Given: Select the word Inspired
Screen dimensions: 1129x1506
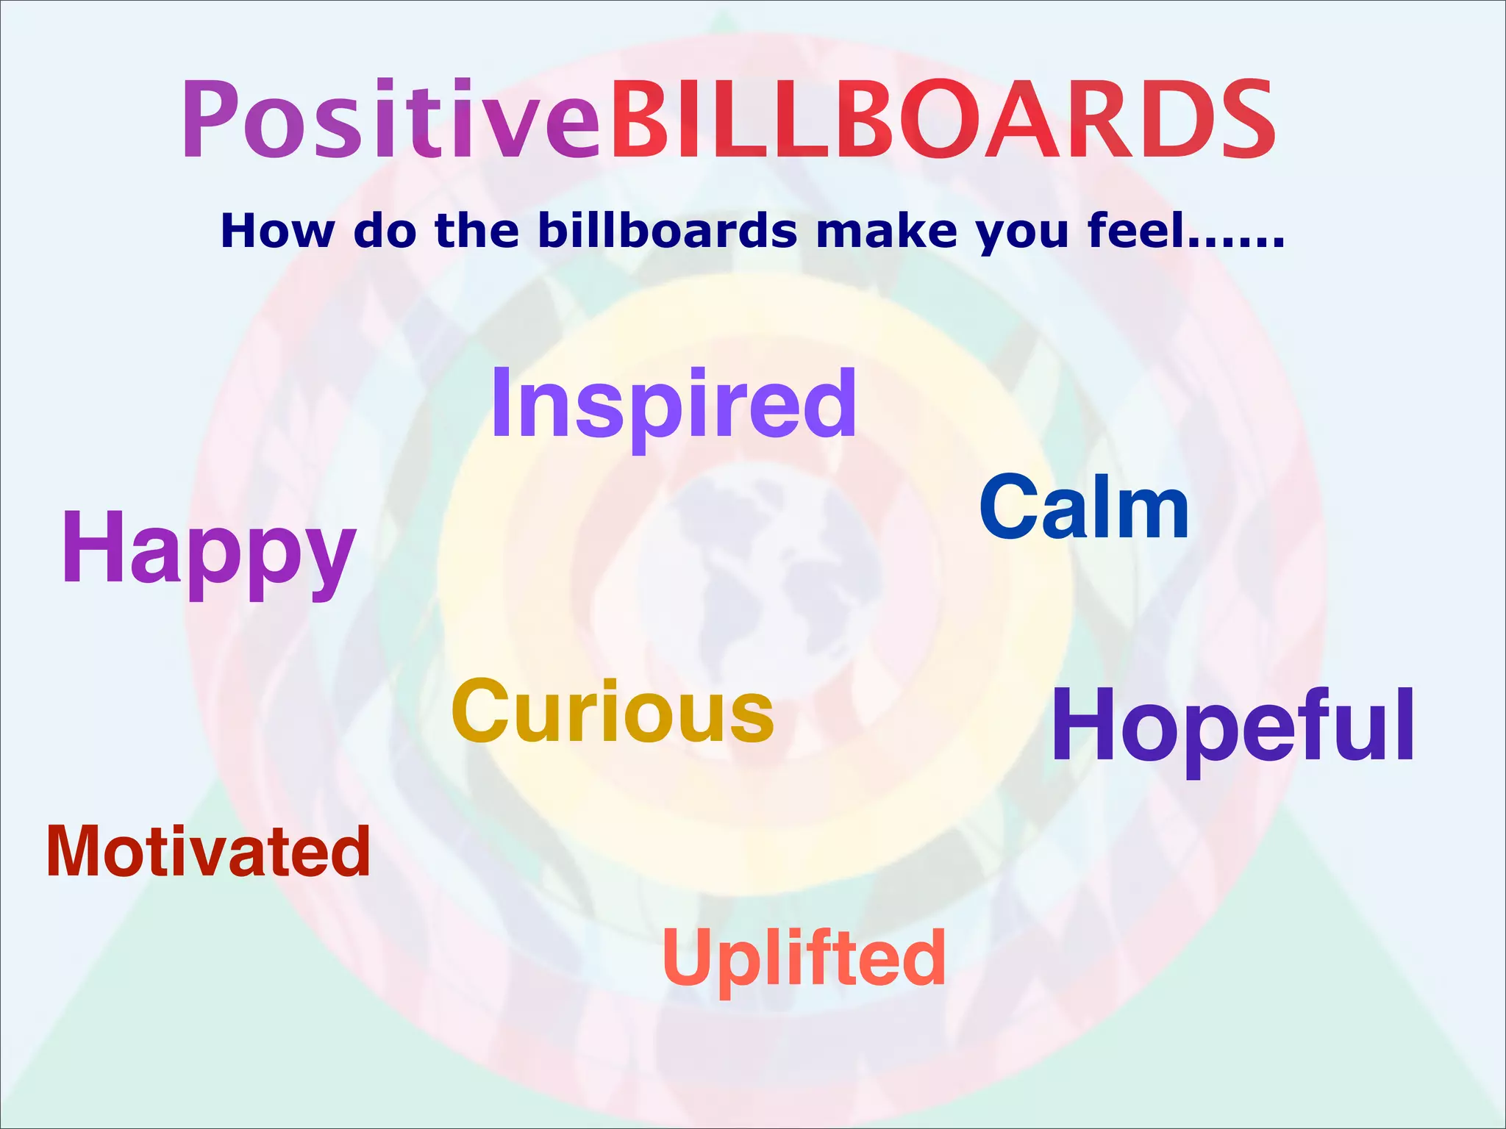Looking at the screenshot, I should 674,404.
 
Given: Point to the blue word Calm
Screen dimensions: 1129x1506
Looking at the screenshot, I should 1084,507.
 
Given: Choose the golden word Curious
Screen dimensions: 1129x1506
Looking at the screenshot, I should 613,712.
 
